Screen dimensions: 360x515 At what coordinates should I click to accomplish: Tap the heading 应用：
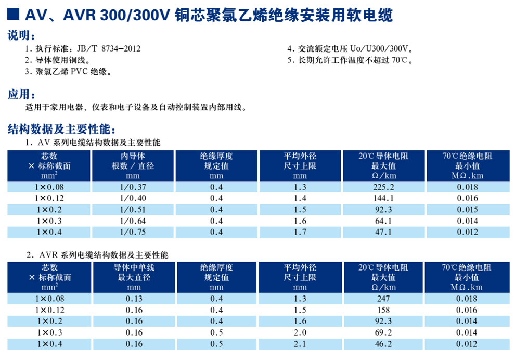[22, 95]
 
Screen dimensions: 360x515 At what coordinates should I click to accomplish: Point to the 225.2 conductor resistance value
[384, 187]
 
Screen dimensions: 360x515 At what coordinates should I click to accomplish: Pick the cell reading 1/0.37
[133, 187]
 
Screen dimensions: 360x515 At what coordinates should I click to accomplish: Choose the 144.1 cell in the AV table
[384, 198]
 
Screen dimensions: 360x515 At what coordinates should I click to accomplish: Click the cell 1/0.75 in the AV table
[133, 232]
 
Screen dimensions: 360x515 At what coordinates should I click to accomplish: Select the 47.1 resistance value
[384, 232]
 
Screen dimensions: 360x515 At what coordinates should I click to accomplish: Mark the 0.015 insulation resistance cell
[467, 210]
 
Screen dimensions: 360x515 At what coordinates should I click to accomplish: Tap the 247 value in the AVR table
[384, 299]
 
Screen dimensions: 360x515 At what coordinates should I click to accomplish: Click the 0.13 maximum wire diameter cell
[134, 299]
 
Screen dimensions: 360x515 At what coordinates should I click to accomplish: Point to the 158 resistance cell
[384, 310]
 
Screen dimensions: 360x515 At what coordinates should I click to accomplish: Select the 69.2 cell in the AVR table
[384, 332]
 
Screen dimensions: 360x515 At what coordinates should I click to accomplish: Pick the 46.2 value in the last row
[384, 344]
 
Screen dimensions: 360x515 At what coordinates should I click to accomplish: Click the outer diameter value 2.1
[300, 344]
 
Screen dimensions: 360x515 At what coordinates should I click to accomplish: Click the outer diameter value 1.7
[300, 232]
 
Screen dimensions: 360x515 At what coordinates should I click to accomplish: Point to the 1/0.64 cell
[133, 221]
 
